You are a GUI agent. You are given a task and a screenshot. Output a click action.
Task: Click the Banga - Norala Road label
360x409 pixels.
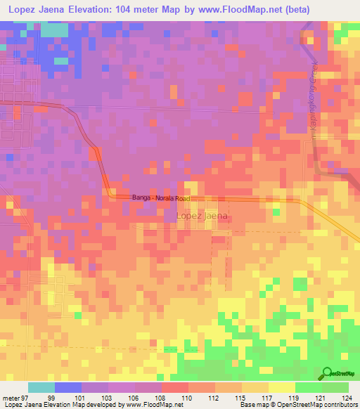click(x=161, y=198)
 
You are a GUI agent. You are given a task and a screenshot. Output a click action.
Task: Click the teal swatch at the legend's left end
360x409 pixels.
click(x=41, y=387)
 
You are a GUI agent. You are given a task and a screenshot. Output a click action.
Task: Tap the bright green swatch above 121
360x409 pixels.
click(x=307, y=387)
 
